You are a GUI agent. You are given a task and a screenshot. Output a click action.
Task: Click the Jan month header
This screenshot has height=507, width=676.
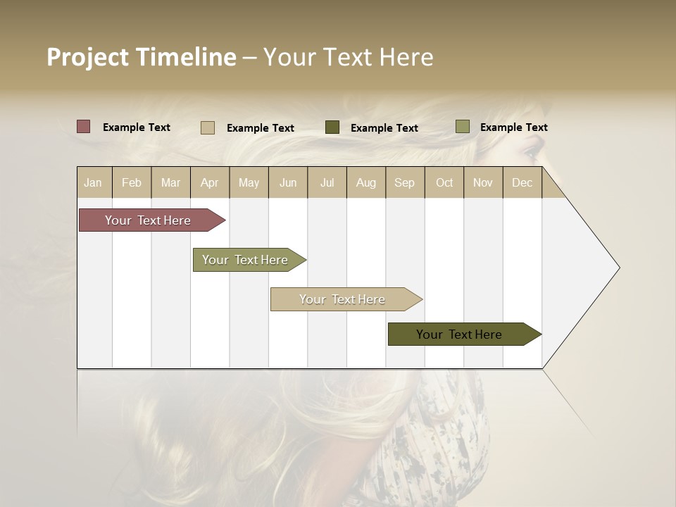click(93, 182)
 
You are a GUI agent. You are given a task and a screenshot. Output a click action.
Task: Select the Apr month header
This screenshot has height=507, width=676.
click(209, 182)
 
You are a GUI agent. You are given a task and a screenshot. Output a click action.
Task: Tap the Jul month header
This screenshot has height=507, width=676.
click(327, 182)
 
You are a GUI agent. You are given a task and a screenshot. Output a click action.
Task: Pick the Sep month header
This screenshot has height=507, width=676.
click(404, 182)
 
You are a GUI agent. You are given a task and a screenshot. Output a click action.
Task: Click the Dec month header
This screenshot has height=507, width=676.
click(522, 182)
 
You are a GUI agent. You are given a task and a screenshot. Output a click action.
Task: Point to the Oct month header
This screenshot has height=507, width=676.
click(444, 182)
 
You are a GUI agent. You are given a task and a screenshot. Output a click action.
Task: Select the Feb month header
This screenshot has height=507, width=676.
click(132, 182)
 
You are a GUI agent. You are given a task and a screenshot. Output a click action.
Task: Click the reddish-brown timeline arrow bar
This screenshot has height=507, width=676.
click(148, 220)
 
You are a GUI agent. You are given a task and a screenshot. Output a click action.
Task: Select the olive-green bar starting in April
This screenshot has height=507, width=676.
click(245, 260)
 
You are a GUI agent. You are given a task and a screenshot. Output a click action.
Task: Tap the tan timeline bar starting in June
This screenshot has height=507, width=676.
click(342, 299)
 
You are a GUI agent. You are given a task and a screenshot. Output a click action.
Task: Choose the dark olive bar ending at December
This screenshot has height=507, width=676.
click(459, 334)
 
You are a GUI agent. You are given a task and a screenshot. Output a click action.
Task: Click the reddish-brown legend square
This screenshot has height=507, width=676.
click(84, 127)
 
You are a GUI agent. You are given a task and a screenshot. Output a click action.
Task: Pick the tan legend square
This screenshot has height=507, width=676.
click(208, 127)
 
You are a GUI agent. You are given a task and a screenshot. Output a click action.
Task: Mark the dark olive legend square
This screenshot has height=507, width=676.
click(332, 127)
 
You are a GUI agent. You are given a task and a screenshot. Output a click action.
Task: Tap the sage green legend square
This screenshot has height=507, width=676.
click(463, 127)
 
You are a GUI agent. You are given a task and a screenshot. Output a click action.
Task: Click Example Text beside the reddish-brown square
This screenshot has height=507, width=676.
click(137, 127)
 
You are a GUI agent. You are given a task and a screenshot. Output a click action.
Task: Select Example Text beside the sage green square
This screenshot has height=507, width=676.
click(514, 127)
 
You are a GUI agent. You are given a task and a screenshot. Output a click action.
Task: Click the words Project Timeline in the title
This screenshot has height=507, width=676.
click(142, 57)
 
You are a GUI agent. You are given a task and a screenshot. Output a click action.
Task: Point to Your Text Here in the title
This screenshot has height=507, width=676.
click(349, 57)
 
